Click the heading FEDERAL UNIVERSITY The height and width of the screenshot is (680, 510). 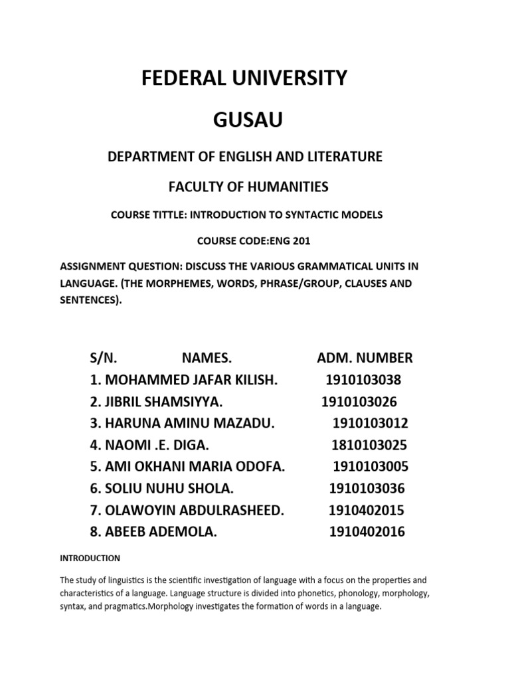pyautogui.click(x=244, y=78)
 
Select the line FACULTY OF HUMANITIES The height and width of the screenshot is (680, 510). pyautogui.click(x=248, y=187)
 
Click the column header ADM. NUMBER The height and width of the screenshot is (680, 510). pyautogui.click(x=365, y=358)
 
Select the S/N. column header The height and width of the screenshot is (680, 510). pyautogui.click(x=104, y=358)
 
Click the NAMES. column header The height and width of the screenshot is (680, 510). pyautogui.click(x=207, y=358)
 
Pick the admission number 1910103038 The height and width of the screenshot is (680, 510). pyautogui.click(x=363, y=380)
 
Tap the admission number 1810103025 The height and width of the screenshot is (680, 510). pyautogui.click(x=370, y=444)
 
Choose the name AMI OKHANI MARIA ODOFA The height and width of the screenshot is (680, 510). pyautogui.click(x=195, y=466)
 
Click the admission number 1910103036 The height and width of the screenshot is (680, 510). pyautogui.click(x=367, y=488)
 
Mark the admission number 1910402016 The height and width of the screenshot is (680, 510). pyautogui.click(x=367, y=531)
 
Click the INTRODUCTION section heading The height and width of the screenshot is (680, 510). pyautogui.click(x=90, y=558)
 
